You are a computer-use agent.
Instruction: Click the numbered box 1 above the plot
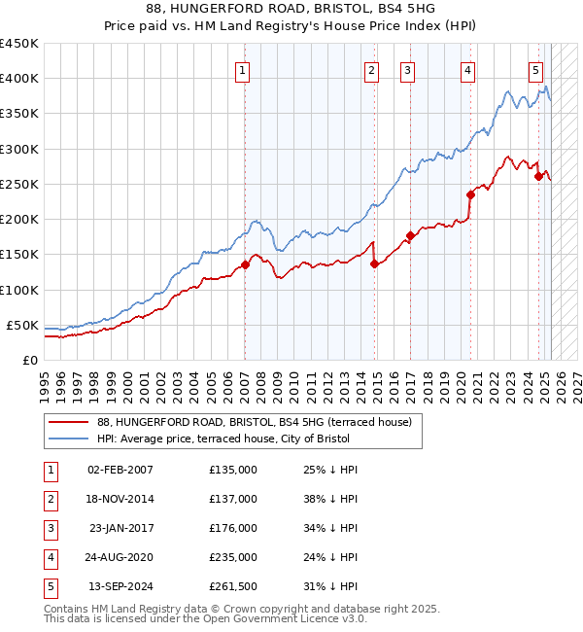click(242, 69)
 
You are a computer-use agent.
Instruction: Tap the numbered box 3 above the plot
click(407, 69)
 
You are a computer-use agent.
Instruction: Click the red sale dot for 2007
click(245, 264)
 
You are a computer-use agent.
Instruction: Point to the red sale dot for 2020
click(470, 194)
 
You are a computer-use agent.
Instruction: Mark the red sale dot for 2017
click(411, 235)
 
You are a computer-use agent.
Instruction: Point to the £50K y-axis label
click(23, 325)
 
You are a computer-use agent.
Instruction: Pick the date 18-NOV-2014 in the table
click(120, 499)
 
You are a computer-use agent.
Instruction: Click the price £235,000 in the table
click(233, 557)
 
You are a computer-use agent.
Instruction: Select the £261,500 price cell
click(233, 586)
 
